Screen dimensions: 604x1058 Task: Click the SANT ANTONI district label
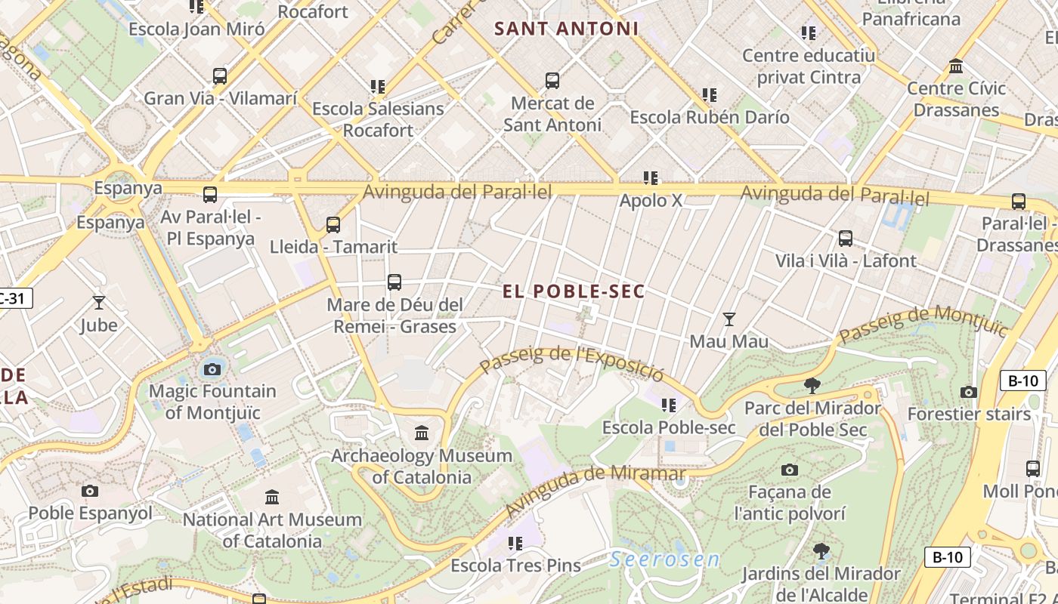(566, 29)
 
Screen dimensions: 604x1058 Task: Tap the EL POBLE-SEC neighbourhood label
(574, 291)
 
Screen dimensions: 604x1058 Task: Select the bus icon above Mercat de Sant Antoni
(552, 80)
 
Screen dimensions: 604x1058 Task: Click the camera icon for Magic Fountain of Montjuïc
(212, 369)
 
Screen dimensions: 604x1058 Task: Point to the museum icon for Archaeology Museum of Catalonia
(422, 433)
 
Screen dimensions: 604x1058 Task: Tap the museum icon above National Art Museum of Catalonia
(272, 497)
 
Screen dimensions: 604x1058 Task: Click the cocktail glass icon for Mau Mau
(729, 319)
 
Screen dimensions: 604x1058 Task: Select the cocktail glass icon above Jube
(99, 303)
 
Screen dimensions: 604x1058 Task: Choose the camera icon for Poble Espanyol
(90, 491)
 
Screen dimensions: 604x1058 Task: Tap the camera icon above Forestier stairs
(969, 392)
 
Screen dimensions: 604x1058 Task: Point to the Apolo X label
(651, 201)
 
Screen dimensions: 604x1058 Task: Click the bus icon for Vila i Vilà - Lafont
(846, 239)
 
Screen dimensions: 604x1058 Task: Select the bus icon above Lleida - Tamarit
(333, 224)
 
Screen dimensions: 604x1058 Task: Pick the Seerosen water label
(664, 559)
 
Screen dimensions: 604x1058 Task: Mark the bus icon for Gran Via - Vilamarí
(220, 76)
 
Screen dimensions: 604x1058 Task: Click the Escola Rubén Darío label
(709, 117)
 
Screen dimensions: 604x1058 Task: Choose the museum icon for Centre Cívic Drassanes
(956, 66)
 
